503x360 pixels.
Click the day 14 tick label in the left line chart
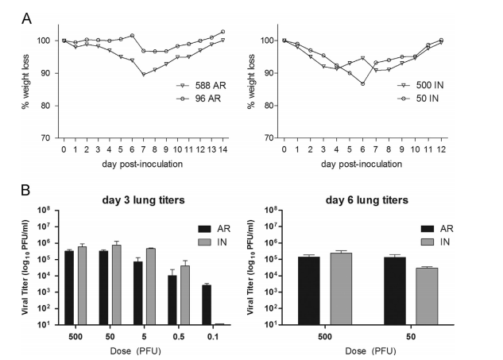pyautogui.click(x=223, y=149)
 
